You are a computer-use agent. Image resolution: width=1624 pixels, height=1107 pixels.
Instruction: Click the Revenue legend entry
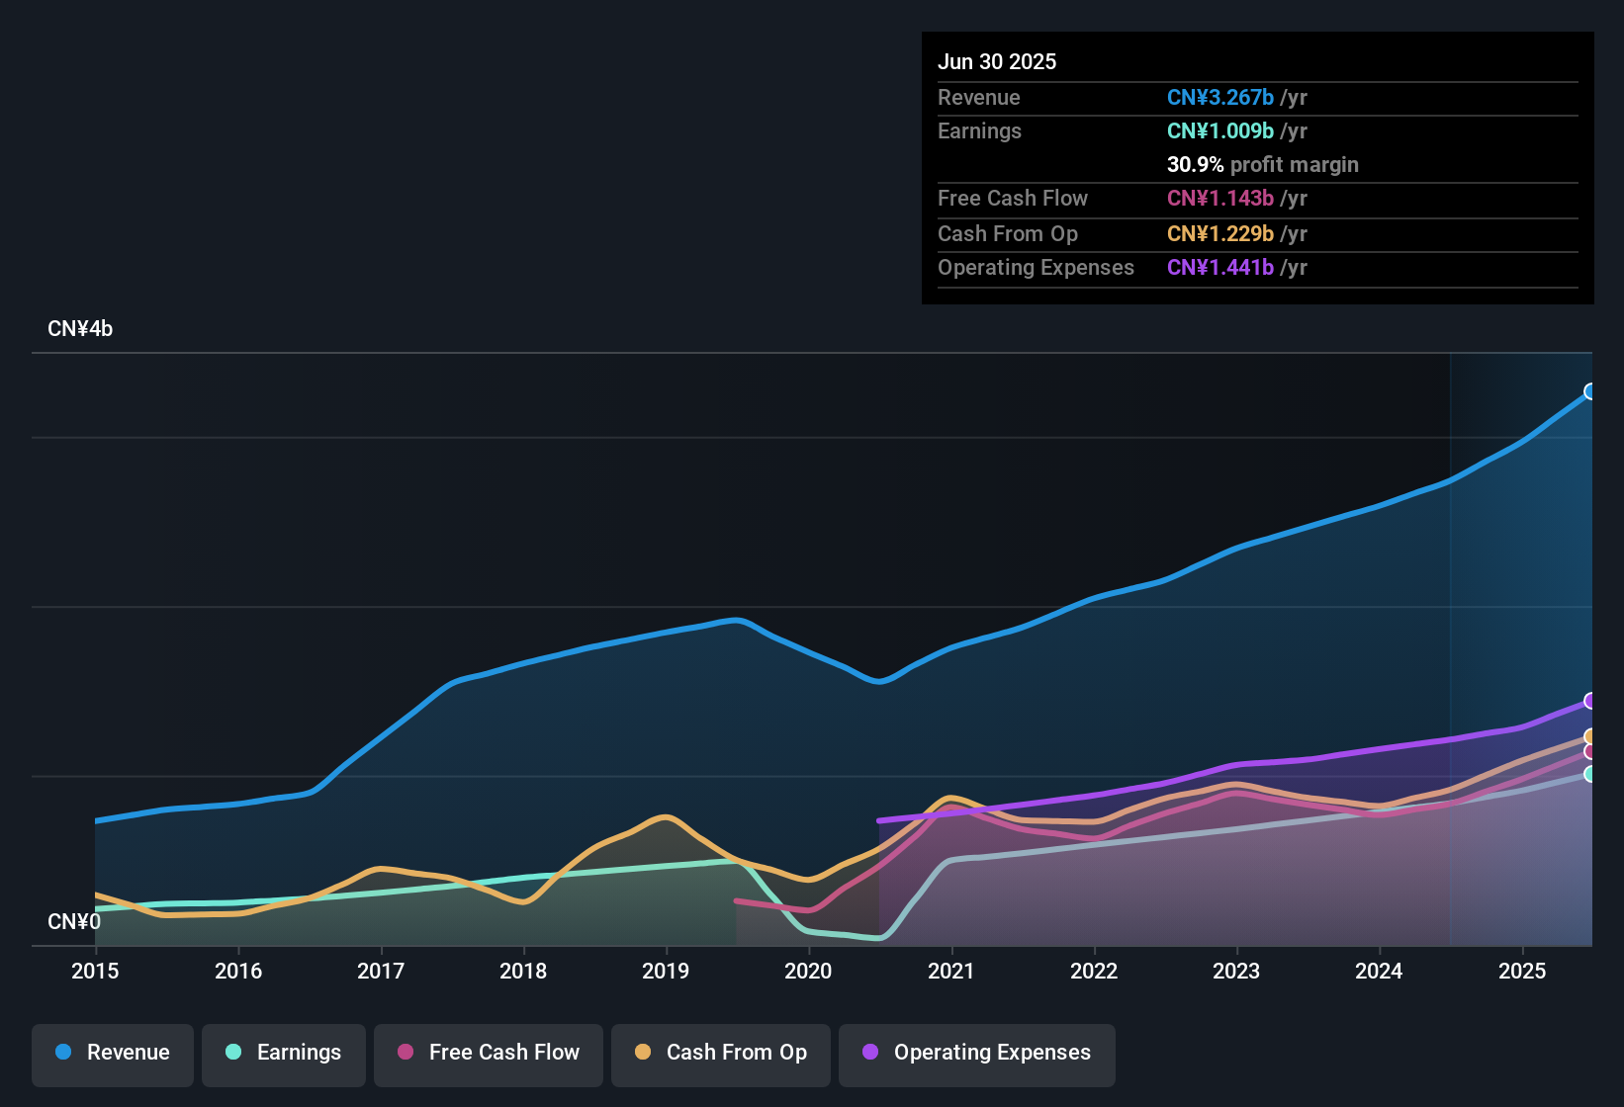(113, 1053)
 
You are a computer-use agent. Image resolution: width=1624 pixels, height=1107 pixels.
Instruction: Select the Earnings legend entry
(284, 1053)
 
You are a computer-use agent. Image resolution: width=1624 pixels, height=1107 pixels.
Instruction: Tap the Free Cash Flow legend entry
(489, 1053)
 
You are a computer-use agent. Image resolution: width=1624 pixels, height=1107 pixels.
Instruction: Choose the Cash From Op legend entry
(721, 1053)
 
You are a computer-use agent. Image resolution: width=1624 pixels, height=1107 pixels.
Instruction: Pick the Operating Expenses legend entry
(977, 1053)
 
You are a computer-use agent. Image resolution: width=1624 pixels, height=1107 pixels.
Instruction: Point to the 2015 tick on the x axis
(95, 971)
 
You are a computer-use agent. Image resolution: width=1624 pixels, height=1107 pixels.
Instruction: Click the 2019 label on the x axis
(666, 971)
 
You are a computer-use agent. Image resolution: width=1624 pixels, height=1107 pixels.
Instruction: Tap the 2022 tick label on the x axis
(1094, 971)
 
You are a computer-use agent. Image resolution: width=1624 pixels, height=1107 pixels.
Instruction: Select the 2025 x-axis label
(1522, 971)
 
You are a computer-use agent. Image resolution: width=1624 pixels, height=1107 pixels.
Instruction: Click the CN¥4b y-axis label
(80, 329)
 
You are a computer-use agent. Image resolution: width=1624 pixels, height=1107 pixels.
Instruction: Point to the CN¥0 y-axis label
(74, 922)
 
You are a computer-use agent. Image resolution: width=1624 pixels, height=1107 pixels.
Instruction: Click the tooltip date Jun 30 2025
(997, 62)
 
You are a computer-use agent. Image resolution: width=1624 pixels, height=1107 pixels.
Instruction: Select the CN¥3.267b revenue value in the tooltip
(1220, 98)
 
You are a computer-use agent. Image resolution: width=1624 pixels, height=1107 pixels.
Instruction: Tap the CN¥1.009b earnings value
(1220, 131)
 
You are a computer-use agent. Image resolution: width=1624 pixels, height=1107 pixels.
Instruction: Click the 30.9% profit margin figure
(1195, 165)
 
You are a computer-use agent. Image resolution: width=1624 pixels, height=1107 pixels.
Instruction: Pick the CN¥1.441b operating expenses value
(1220, 268)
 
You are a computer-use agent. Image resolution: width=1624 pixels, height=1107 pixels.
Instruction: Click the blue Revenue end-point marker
(1589, 391)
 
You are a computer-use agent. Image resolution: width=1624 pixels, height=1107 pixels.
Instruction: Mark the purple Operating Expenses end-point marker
(1589, 701)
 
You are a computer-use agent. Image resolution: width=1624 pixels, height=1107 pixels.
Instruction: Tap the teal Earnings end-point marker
(1589, 774)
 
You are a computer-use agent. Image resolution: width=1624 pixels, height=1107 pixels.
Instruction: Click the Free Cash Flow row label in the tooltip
(1013, 199)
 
